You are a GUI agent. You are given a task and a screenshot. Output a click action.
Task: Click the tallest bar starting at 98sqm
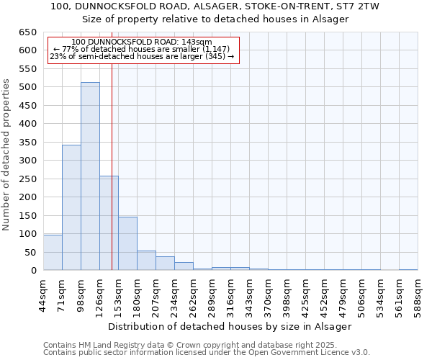click(90, 176)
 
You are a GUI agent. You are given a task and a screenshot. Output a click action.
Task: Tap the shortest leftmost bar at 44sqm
click(53, 253)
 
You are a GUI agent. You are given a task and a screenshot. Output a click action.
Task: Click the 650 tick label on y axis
click(27, 32)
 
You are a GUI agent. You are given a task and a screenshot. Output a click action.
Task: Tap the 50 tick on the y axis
click(30, 253)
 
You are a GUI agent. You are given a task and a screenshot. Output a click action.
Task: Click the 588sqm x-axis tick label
click(418, 294)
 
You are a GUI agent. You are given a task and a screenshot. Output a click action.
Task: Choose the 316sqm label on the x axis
click(231, 294)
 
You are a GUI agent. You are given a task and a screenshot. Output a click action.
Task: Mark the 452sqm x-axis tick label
click(325, 294)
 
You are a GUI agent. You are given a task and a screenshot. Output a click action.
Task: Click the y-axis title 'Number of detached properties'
click(6, 156)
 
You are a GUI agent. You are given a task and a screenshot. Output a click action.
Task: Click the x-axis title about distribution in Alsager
click(230, 326)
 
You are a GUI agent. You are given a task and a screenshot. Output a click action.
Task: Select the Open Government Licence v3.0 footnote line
click(207, 352)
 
